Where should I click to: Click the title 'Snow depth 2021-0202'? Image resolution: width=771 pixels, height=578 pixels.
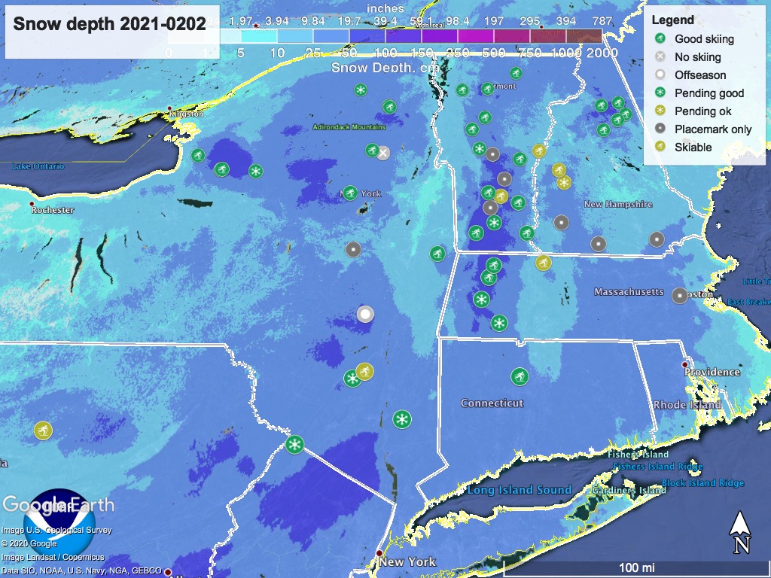pyautogui.click(x=109, y=24)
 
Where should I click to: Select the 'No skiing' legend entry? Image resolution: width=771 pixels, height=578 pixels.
pyautogui.click(x=697, y=57)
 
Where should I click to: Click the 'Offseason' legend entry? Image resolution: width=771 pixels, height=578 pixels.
pyautogui.click(x=700, y=75)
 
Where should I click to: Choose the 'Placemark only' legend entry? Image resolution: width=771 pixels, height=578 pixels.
pyautogui.click(x=712, y=129)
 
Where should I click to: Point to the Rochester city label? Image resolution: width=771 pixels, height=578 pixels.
pyautogui.click(x=53, y=210)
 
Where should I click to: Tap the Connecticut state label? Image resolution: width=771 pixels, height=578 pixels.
pyautogui.click(x=492, y=403)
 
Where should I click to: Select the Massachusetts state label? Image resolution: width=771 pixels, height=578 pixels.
pyautogui.click(x=629, y=292)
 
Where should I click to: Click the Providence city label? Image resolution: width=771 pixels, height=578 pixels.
pyautogui.click(x=712, y=372)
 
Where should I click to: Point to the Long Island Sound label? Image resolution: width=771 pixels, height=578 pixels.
pyautogui.click(x=519, y=490)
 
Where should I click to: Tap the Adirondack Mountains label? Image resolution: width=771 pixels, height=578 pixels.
pyautogui.click(x=343, y=127)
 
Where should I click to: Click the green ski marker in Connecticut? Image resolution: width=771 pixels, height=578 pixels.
pyautogui.click(x=519, y=376)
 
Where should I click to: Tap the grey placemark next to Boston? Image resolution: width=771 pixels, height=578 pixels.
pyautogui.click(x=680, y=296)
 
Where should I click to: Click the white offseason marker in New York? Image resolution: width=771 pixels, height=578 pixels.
pyautogui.click(x=365, y=314)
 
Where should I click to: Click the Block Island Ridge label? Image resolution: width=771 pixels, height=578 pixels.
pyautogui.click(x=702, y=483)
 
